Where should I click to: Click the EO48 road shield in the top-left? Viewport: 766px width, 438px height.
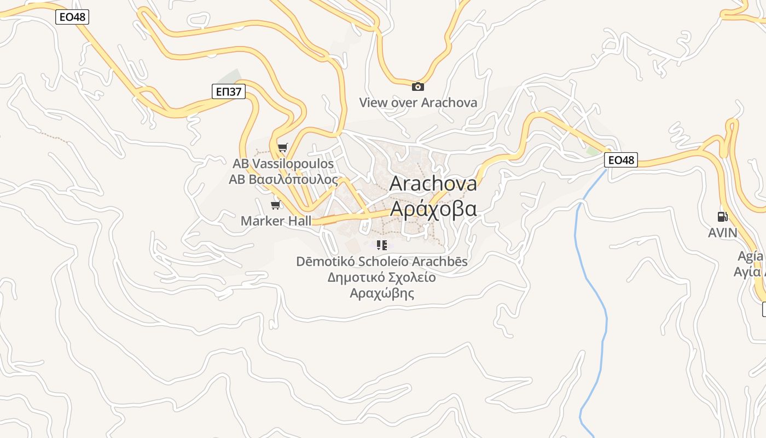pos(72,17)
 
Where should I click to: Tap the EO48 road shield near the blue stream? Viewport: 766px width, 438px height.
pos(621,160)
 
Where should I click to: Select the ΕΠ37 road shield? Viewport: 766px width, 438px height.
pos(228,91)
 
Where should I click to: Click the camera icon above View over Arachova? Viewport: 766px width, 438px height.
pos(418,87)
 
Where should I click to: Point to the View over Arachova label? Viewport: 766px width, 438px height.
pos(418,102)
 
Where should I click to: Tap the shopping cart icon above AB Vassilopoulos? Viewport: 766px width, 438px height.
pos(282,147)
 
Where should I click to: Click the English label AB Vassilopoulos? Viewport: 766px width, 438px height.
pos(283,164)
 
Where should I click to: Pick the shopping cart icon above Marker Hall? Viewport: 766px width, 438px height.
pos(276,205)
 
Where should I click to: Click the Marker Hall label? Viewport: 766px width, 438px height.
pos(276,221)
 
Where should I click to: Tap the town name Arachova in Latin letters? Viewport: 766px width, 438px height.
pos(433,184)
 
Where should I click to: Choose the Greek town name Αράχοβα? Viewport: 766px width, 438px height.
pos(433,209)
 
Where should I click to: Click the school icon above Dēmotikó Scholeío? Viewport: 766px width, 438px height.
pos(382,245)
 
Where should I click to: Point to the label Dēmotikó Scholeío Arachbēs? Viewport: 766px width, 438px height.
pos(382,262)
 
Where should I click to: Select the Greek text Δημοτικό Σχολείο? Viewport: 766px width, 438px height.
pos(382,277)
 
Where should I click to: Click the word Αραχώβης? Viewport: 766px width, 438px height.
pos(382,293)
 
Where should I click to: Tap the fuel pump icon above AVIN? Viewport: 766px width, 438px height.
pos(722,217)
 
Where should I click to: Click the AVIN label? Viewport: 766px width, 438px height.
pos(722,233)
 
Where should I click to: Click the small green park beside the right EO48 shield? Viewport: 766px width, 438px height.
pos(593,151)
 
